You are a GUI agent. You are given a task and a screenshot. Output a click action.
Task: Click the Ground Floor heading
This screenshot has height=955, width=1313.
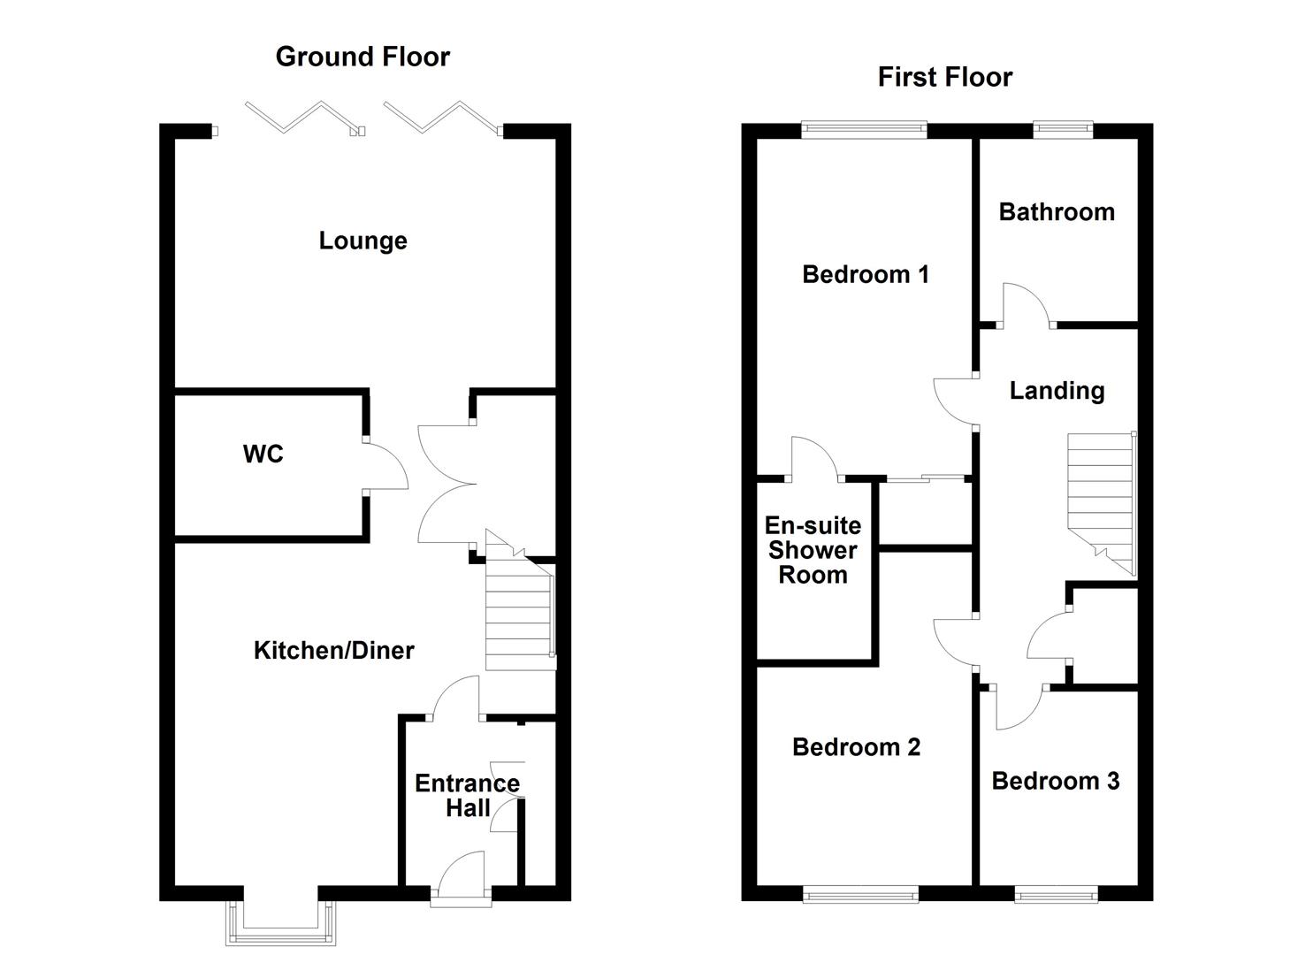pyautogui.click(x=363, y=57)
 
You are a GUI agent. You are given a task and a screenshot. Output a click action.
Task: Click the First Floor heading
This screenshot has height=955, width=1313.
pyautogui.click(x=945, y=78)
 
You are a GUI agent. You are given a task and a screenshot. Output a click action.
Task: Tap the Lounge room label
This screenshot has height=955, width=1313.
pyautogui.click(x=363, y=241)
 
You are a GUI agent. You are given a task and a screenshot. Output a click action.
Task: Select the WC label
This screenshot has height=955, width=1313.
pyautogui.click(x=263, y=454)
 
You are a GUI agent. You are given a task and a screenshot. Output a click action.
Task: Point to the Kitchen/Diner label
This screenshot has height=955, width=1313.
pyautogui.click(x=333, y=651)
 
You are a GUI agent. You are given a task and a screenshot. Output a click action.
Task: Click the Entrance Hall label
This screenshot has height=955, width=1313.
pyautogui.click(x=467, y=796)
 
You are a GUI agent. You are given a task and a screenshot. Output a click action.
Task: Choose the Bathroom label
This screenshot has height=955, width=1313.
pyautogui.click(x=1057, y=212)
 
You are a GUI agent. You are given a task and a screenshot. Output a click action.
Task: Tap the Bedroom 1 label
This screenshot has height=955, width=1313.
pyautogui.click(x=866, y=274)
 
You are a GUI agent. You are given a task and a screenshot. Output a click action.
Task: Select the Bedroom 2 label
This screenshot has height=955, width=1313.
pyautogui.click(x=856, y=747)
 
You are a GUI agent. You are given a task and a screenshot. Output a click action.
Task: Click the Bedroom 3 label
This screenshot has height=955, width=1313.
pyautogui.click(x=1055, y=781)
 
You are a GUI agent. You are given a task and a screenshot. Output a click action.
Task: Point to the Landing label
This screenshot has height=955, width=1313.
pyautogui.click(x=1057, y=391)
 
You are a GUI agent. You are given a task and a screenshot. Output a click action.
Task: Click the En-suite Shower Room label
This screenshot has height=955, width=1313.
pyautogui.click(x=813, y=550)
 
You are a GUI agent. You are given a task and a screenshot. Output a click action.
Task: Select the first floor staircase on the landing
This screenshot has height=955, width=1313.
pyautogui.click(x=1102, y=504)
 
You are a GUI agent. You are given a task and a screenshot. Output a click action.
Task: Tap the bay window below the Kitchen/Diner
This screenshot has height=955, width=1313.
pyautogui.click(x=281, y=923)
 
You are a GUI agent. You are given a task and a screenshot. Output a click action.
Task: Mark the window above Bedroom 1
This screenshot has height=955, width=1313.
pyautogui.click(x=864, y=130)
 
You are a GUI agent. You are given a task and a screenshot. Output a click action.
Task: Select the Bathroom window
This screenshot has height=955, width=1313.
pyautogui.click(x=1063, y=129)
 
